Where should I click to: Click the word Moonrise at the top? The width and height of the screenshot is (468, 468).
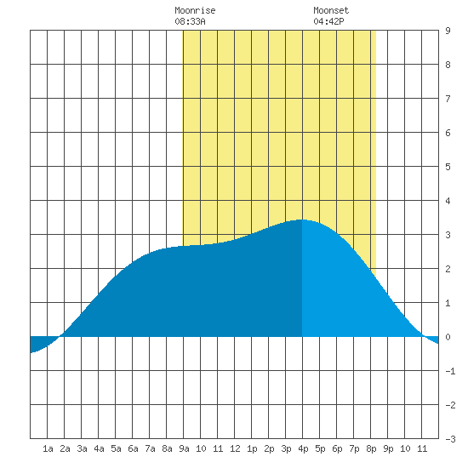(195, 10)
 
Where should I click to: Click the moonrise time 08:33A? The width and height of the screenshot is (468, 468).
(190, 21)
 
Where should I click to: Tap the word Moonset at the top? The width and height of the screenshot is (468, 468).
(331, 10)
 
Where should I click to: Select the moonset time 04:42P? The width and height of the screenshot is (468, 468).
(328, 21)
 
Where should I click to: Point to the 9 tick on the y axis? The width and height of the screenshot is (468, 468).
(448, 31)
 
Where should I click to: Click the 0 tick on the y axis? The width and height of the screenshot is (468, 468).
(448, 337)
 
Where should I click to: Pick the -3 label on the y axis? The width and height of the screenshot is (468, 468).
(450, 439)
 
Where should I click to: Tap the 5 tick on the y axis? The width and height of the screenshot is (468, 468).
(448, 167)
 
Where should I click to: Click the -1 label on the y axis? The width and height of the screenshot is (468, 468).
(450, 371)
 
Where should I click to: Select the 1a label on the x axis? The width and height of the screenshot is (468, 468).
(48, 448)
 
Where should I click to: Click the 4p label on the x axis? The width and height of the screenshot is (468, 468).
(303, 448)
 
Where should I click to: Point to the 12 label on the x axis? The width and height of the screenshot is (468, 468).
(235, 448)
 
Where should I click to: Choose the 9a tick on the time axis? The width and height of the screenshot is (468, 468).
(184, 448)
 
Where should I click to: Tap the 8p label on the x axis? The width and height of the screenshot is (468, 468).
(371, 448)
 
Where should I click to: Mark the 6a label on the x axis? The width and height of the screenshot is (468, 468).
(133, 448)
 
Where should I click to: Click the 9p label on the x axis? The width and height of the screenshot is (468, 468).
(388, 448)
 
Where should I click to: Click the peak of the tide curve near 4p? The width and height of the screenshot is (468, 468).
(301, 220)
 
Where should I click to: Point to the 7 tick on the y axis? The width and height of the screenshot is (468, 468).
(448, 99)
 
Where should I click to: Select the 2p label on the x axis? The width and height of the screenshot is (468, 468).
(269, 448)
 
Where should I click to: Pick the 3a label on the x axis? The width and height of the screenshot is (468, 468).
(82, 448)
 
